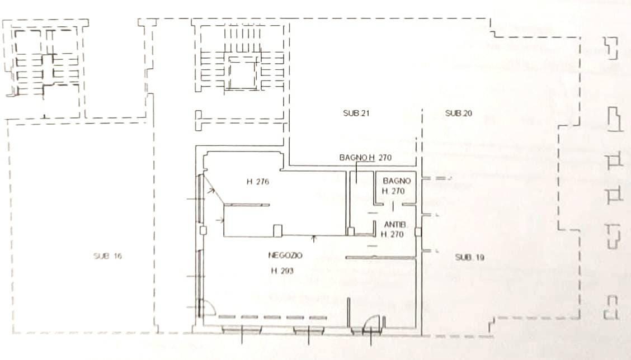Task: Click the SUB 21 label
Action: click(356, 113)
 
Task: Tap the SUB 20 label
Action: click(458, 113)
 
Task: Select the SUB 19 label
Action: click(469, 257)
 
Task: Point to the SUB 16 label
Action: click(107, 256)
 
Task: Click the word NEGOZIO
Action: click(285, 255)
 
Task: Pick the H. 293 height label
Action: click(282, 271)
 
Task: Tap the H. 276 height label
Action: click(257, 182)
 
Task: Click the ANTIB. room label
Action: click(395, 225)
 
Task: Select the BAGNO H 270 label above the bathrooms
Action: click(365, 157)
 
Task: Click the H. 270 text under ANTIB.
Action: click(392, 234)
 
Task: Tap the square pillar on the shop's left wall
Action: click(203, 230)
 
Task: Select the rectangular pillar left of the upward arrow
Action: click(277, 231)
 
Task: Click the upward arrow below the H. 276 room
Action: click(314, 239)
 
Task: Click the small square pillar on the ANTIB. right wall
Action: click(418, 231)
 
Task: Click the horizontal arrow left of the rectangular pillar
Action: click(220, 220)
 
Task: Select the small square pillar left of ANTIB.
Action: click(351, 231)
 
